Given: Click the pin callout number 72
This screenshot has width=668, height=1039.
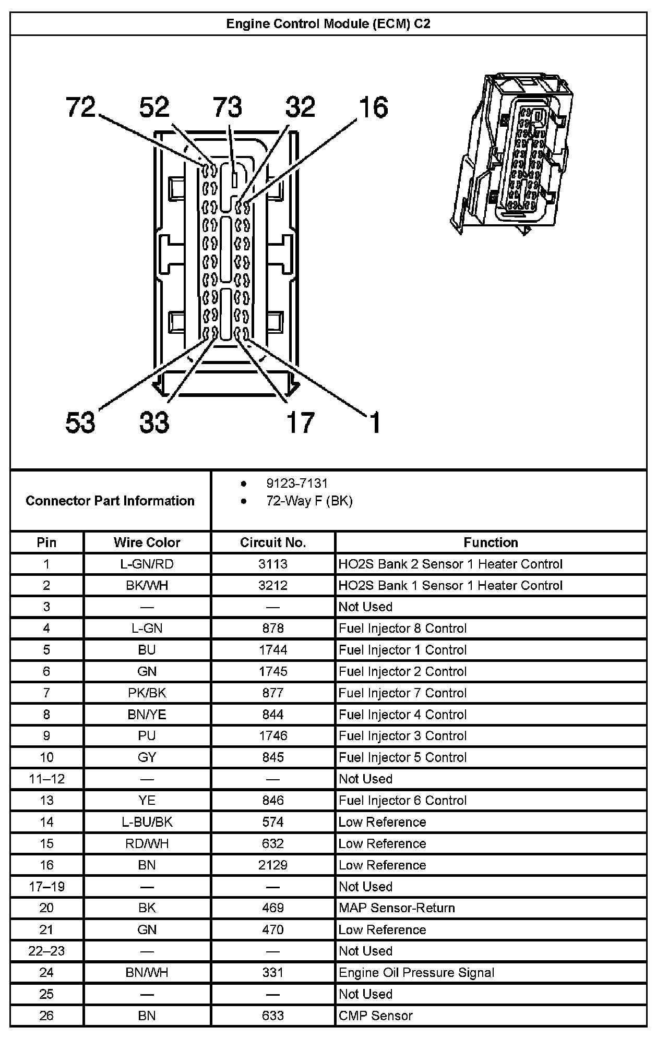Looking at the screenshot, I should click(x=81, y=107).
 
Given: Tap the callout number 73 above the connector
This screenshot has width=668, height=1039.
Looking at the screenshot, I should click(x=228, y=107).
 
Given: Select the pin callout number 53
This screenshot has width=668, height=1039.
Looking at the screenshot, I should click(x=80, y=422).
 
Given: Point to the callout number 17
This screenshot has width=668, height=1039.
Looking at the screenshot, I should click(x=300, y=422).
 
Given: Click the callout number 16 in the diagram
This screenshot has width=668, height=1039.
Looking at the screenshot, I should click(x=374, y=107).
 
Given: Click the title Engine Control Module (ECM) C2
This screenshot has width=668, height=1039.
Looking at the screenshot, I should click(x=328, y=24).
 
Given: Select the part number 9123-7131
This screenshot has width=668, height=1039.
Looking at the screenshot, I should click(x=296, y=484).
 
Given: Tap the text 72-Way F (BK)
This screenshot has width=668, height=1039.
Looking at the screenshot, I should click(x=309, y=501).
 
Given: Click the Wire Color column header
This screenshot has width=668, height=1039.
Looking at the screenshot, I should click(x=147, y=542).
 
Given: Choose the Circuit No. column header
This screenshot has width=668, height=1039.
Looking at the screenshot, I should click(x=272, y=542).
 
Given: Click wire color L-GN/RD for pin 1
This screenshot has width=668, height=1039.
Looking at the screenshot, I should click(x=147, y=564).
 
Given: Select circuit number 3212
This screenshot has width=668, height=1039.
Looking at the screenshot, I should click(x=272, y=585).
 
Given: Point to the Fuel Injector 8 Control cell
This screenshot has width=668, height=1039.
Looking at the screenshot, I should click(x=402, y=629).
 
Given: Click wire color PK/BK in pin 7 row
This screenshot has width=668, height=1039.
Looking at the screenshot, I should click(x=147, y=693).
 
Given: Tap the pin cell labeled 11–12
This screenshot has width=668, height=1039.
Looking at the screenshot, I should click(x=46, y=779).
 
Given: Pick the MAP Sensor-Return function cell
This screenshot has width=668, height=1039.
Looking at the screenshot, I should click(x=397, y=908).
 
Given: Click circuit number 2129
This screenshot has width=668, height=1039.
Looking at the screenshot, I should click(x=272, y=865).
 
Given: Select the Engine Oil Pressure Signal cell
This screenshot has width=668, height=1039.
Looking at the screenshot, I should click(x=416, y=973).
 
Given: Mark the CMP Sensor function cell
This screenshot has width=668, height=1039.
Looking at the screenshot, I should click(x=376, y=1016).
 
